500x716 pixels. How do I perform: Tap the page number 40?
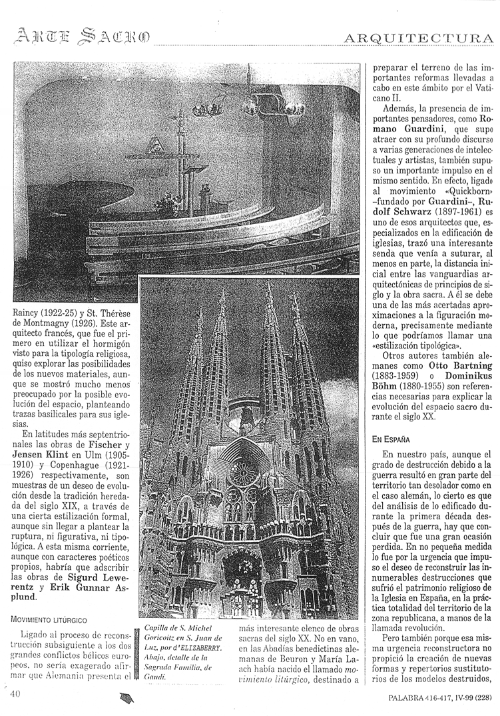[x=17, y=694]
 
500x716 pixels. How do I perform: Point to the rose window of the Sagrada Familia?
[x=242, y=472]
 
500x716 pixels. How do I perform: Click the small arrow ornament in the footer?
[x=126, y=698]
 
